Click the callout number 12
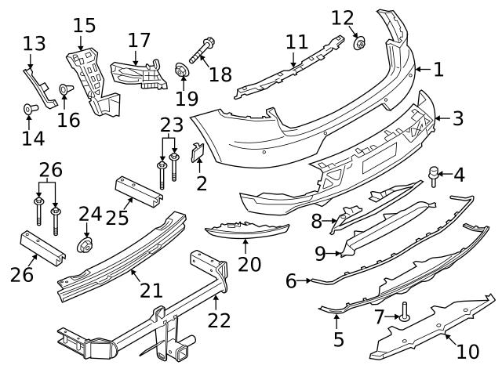(x=343, y=17)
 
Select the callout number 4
(x=459, y=174)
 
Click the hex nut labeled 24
(x=85, y=244)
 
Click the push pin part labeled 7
(x=404, y=315)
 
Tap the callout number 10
(x=467, y=352)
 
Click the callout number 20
(x=249, y=264)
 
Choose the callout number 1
(x=438, y=69)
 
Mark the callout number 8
(x=317, y=222)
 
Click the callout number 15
(x=83, y=25)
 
